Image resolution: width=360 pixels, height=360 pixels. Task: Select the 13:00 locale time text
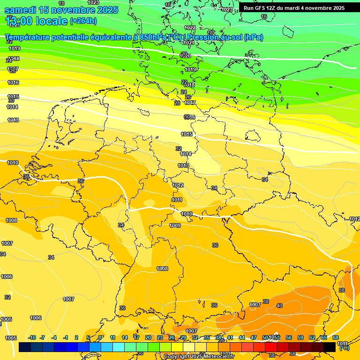pyautogui.click(x=36, y=21)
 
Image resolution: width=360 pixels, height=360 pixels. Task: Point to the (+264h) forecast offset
pyautogui.click(x=83, y=21)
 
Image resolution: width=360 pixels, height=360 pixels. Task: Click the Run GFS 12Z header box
pyautogui.click(x=294, y=8)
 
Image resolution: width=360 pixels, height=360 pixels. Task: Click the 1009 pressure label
pyautogui.click(x=175, y=225)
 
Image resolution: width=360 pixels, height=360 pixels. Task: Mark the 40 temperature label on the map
pyautogui.click(x=279, y=306)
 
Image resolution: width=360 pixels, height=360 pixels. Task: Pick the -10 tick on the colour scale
pyautogui.click(x=32, y=337)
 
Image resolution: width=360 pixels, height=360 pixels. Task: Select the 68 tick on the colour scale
pyautogui.click(x=336, y=337)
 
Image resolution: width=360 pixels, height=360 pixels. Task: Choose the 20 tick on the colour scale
pyautogui.click(x=148, y=337)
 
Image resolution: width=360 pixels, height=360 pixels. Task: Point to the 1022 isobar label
pyautogui.click(x=190, y=28)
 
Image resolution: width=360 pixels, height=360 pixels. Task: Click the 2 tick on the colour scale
pyautogui.click(x=76, y=337)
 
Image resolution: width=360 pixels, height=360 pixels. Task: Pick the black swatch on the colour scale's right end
pyautogui.click(x=330, y=347)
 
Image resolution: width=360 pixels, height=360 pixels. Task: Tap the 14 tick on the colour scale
pyautogui.click(x=125, y=337)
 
